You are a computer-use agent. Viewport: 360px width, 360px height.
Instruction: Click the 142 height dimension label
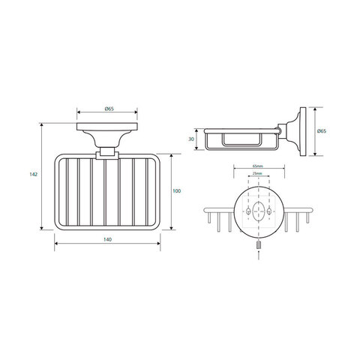[x=34, y=175]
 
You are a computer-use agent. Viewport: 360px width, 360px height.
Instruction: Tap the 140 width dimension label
[x=107, y=239]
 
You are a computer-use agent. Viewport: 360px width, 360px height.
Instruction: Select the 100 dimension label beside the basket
[x=177, y=191]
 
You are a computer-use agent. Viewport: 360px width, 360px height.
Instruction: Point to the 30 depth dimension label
[x=191, y=139]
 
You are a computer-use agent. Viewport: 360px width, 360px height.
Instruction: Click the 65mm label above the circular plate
[x=258, y=166]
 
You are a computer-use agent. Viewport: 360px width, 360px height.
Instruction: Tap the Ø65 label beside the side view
[x=322, y=131]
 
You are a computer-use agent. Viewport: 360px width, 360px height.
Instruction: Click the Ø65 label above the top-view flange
[x=109, y=109]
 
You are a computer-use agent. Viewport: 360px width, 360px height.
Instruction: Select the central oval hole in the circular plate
[x=259, y=211]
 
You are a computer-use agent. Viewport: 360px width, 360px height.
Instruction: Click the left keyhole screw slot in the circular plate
[x=248, y=211]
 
